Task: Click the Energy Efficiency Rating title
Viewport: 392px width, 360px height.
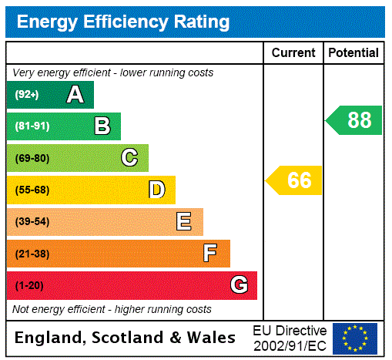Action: coord(123,22)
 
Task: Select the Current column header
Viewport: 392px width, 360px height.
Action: coord(293,52)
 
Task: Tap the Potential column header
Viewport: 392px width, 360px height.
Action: coord(353,52)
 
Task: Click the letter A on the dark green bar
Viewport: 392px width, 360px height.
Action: coord(75,95)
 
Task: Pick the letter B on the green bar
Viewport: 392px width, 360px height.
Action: coord(102,126)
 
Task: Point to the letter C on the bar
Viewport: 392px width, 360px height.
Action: coord(129,158)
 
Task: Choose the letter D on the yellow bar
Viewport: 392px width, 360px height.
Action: coord(156,190)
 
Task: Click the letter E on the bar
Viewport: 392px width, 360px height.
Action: coord(183,222)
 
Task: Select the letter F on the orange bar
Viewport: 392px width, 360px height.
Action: coord(210,254)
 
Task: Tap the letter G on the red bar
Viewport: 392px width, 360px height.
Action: coord(239,285)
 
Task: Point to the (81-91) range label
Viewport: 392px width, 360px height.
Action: coord(32,126)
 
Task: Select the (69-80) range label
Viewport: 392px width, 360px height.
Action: coord(32,158)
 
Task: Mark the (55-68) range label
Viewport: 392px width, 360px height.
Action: coord(32,190)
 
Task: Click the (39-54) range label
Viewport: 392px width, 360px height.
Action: coord(32,222)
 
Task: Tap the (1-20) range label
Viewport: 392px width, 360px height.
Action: coord(29,285)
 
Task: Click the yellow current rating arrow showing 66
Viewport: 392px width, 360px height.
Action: coord(295,180)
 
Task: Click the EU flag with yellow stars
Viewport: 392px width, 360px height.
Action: coord(355,338)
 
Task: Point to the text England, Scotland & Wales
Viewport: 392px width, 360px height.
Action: coord(126,338)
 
